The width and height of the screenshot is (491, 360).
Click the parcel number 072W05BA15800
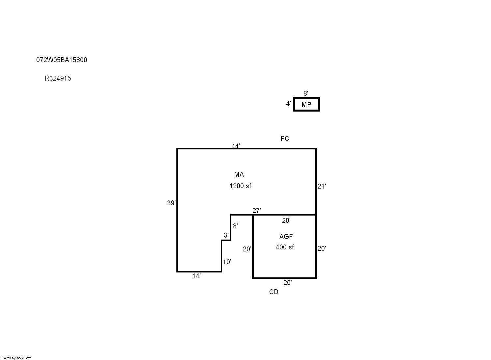coord(62,60)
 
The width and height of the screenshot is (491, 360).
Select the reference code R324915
coord(58,78)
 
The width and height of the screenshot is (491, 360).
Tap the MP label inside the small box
coord(306,105)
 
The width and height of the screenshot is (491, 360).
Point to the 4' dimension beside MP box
coord(289,103)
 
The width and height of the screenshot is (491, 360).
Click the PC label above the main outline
coord(285,138)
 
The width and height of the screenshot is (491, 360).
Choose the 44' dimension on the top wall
coord(236,146)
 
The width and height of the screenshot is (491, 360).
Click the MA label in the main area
coord(239,174)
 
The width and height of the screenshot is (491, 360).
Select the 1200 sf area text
coord(240,186)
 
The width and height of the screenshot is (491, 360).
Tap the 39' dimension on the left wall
coord(171,203)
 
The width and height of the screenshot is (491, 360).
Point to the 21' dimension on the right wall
coord(322,186)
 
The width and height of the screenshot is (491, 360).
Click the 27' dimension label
coord(257,211)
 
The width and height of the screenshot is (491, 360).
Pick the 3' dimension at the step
coord(226,235)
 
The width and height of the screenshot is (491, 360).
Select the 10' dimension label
coord(227,262)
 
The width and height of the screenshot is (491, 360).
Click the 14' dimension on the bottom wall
coord(196,276)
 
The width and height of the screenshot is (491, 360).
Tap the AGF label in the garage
coord(286,236)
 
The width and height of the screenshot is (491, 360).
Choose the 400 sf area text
coord(285,247)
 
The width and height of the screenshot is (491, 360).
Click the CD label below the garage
coord(274,292)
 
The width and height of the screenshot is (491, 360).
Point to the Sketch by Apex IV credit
coord(16,358)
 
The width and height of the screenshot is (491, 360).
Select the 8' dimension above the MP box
coord(306,93)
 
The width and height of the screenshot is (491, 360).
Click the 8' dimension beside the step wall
coord(235,226)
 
